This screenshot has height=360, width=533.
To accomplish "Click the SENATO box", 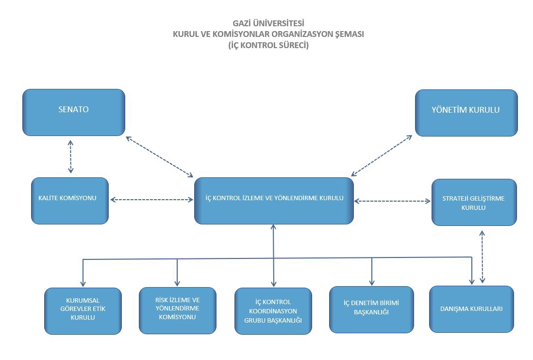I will pos(73,112).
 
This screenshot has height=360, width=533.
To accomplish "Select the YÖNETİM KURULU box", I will pos(466,112).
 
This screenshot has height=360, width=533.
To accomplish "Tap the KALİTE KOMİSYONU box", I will pos(69,200).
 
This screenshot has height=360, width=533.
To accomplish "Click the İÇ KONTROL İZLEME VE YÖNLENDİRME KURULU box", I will pos(273,200).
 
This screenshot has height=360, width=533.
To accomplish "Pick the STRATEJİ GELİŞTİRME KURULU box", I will pos(474,202).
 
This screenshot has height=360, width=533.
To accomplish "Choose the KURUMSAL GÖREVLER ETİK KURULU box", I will pos(83,310).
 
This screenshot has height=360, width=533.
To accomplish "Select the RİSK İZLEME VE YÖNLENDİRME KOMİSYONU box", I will pos(177,309).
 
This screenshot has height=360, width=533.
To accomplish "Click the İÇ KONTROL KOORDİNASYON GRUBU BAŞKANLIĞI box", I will pos(273,311).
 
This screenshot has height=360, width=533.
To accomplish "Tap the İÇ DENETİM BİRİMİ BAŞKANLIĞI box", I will pos(371,309).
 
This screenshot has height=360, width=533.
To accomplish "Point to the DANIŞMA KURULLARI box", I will pos(471,309).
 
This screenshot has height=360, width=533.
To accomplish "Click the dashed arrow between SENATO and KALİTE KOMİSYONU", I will pos(71,156).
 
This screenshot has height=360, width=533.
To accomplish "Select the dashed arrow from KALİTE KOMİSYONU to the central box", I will pos(151,199).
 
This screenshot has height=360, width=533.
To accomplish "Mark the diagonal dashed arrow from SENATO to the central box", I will pos(159,156).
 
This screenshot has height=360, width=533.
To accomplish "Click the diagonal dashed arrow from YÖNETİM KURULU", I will pos(382,155).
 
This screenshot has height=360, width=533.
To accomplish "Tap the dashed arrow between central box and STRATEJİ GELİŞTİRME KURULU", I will pos(392,200).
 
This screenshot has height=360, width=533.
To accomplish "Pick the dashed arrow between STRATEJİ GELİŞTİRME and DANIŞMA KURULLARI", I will pos(482,257).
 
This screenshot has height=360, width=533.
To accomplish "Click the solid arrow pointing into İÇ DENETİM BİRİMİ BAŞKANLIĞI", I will pos(372,272).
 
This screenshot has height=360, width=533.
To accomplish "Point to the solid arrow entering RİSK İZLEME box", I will pos(177,273).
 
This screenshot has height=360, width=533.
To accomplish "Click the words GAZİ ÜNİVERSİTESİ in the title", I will pos(268,23).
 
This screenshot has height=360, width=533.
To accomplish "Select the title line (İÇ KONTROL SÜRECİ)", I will pos(268,46).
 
